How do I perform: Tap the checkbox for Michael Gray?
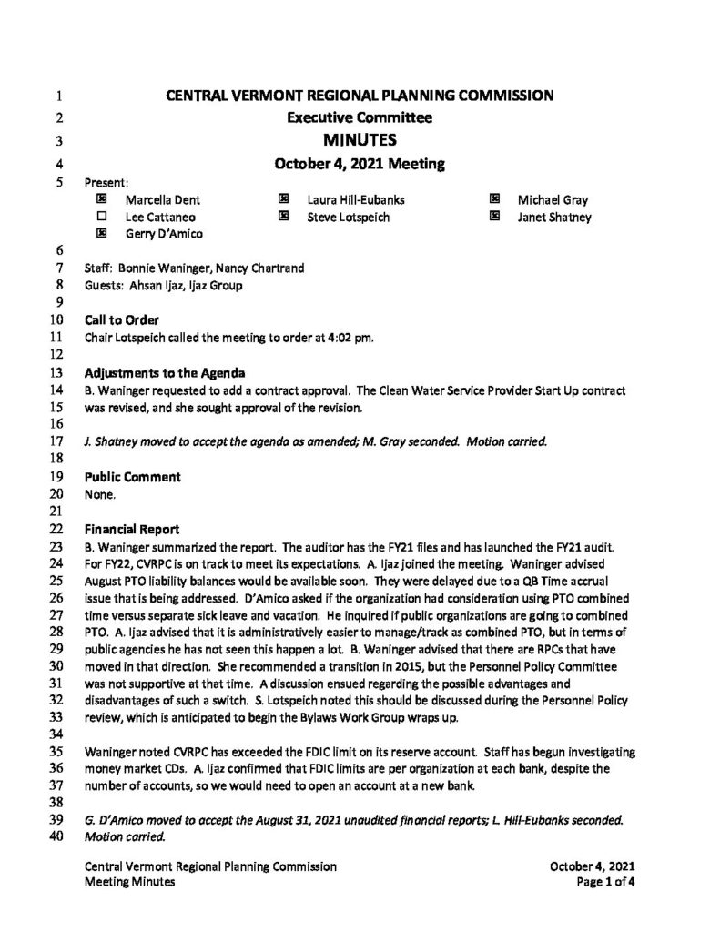pyautogui.click(x=495, y=199)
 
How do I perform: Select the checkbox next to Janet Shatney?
pyautogui.click(x=495, y=217)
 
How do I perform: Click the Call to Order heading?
pyautogui.click(x=121, y=319)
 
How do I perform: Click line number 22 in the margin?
pyautogui.click(x=56, y=528)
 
